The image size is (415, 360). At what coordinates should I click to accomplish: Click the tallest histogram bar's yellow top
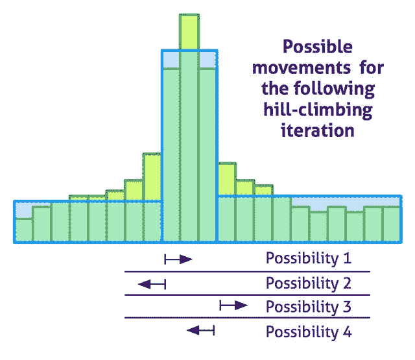point(189,32)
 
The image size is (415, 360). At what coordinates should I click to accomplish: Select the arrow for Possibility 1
point(178,259)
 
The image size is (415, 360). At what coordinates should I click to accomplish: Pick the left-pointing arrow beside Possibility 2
point(152,284)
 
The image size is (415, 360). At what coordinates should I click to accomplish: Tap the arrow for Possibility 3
point(233,306)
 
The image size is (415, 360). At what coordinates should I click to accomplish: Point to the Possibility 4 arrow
point(200,330)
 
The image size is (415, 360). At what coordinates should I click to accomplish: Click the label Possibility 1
point(309,258)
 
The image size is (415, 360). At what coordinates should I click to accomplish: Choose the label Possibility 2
point(309,283)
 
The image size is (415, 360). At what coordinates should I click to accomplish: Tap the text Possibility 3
point(309,307)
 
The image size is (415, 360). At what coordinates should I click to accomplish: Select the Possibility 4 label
point(309,332)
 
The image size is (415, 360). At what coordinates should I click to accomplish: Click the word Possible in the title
point(318,47)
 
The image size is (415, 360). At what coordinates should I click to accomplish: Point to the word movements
point(302,67)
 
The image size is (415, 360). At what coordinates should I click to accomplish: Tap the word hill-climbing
point(318,111)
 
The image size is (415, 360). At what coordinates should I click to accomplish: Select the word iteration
point(318,131)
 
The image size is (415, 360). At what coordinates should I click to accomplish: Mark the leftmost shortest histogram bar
point(24,230)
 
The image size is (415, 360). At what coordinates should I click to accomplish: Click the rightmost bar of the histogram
point(392,224)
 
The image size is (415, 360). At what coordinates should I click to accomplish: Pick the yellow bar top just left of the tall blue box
point(152,177)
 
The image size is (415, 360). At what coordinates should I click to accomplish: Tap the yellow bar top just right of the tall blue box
point(227,179)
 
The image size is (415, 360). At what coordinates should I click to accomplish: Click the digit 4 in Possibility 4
point(348,331)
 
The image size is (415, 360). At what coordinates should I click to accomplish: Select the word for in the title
point(372,67)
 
